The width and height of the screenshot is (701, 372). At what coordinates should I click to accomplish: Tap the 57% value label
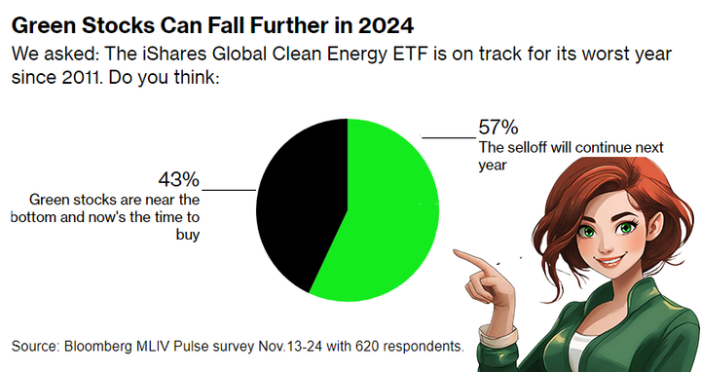(x=498, y=127)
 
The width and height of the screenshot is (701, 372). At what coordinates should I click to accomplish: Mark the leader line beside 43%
(x=230, y=189)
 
